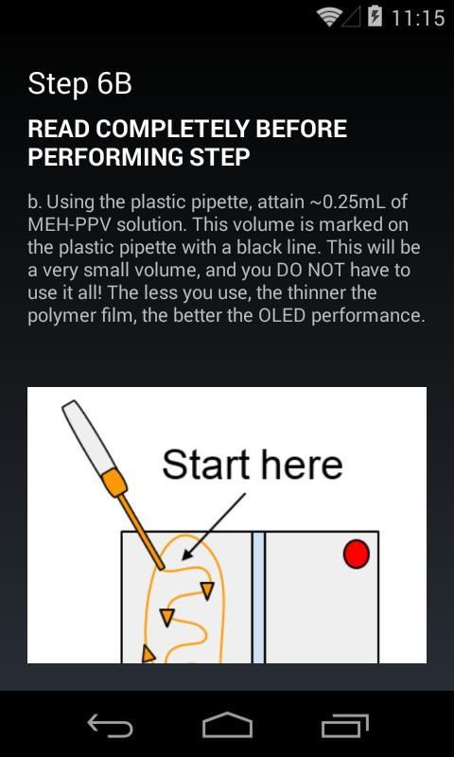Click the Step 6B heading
[x=79, y=84]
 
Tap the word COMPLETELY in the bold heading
[x=171, y=130]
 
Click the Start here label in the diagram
[x=253, y=465]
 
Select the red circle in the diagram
[x=356, y=555]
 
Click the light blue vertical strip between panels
[x=258, y=597]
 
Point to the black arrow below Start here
[x=214, y=526]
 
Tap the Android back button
[x=110, y=725]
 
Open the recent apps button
[x=344, y=725]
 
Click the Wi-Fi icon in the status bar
[x=329, y=17]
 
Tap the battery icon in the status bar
[x=375, y=17]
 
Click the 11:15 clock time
[x=417, y=18]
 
